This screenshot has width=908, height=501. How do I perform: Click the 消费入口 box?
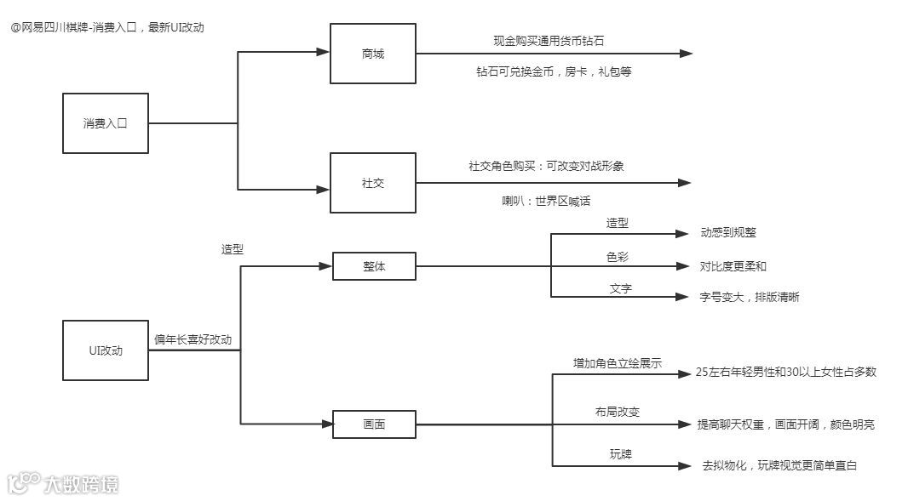pos(105,123)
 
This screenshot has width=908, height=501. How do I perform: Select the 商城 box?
pos(373,54)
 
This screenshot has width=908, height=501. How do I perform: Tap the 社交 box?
pos(373,183)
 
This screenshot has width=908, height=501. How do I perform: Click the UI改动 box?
pos(105,350)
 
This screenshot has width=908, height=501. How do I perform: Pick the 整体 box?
pos(374,266)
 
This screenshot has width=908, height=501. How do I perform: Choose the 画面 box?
pos(374,424)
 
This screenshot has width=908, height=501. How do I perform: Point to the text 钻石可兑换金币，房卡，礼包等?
pos(554,71)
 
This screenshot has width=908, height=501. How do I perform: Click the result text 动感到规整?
pos(728,232)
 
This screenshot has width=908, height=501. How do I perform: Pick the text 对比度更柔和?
pos(733,266)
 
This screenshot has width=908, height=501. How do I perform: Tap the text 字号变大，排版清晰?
pos(750,297)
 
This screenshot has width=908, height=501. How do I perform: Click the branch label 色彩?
pos(618,256)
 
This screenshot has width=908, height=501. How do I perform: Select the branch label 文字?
pos(620,288)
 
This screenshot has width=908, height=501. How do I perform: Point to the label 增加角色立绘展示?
pos(617,362)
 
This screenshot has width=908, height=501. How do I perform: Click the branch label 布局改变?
pos(618,412)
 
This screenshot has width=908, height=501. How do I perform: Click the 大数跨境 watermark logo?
pos(63,484)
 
